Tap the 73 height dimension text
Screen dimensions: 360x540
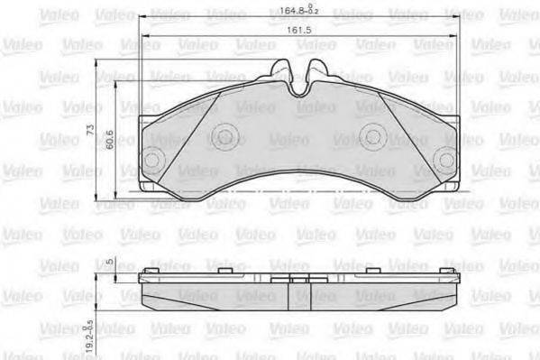[90, 130]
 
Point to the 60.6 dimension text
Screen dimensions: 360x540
[109, 142]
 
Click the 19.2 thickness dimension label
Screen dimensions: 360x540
[89, 337]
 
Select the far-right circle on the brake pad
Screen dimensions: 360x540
[444, 161]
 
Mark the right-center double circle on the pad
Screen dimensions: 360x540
[371, 136]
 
